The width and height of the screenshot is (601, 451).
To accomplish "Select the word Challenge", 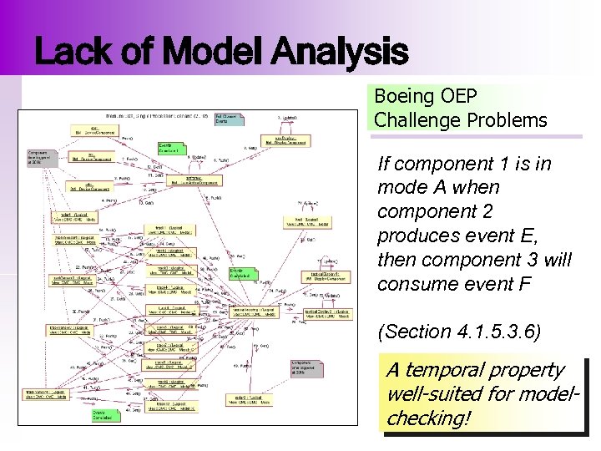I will [x=414, y=120].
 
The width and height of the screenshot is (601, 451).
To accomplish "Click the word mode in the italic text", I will [x=402, y=188].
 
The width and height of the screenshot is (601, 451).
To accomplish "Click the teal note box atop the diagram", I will [x=230, y=119].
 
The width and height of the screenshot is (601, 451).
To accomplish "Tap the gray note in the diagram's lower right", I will [x=306, y=368].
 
